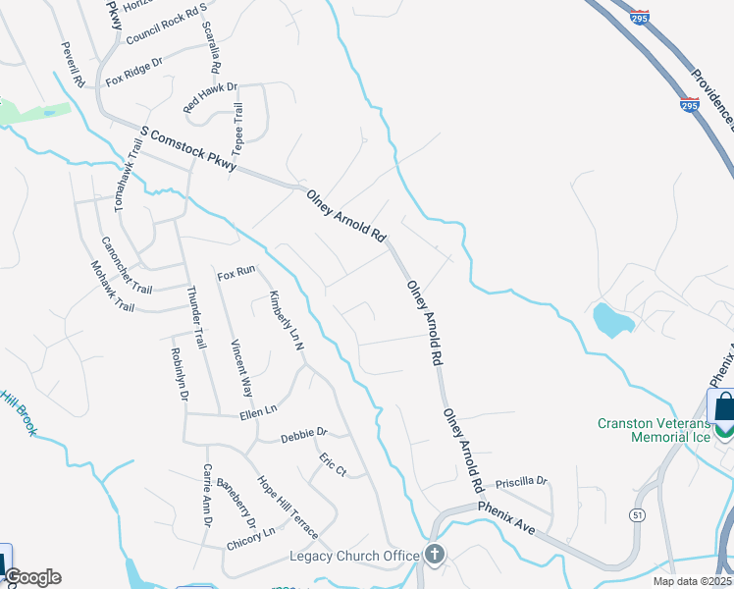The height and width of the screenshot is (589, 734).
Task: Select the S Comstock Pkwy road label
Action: (189, 150)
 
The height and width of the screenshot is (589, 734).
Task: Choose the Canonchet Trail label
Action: (127, 266)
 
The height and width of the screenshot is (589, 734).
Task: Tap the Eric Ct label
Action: (333, 465)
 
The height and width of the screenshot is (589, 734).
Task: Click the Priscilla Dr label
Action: (521, 482)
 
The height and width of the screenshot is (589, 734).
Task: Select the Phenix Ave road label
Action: (506, 517)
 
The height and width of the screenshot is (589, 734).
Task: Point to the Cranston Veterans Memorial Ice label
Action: (654, 430)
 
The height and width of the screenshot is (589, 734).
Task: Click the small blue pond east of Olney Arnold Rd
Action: (612, 320)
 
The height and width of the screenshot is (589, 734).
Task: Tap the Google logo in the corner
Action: (31, 577)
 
